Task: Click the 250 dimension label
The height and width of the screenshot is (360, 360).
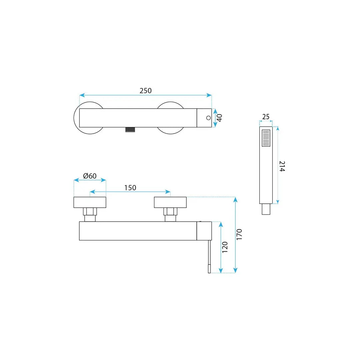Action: tap(146, 91)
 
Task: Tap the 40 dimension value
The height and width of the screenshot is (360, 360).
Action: tap(219, 118)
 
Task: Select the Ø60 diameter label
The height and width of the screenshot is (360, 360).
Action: tap(90, 176)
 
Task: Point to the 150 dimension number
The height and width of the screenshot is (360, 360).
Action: tap(130, 188)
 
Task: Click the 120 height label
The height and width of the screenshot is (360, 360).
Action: tap(225, 247)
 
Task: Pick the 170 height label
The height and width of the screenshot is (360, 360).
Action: tap(239, 235)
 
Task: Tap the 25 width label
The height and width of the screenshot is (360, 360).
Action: tap(266, 117)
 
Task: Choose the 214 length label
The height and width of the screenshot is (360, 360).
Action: tap(282, 166)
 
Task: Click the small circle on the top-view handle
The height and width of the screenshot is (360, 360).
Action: tap(208, 118)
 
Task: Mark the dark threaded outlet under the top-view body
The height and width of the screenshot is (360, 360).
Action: tap(130, 130)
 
